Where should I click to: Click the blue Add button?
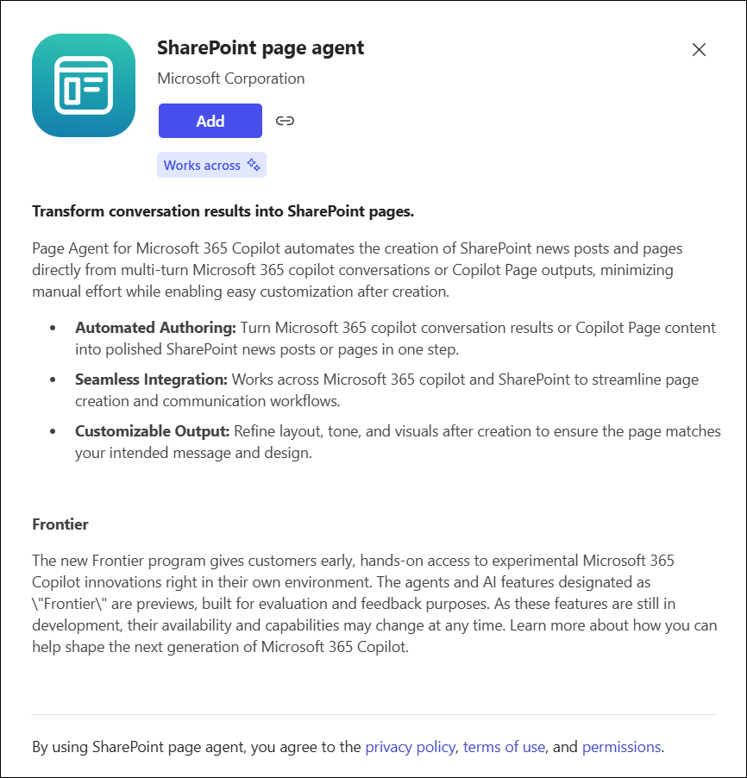coord(210,121)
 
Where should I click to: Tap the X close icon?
coord(699,50)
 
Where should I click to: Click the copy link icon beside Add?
coord(285,121)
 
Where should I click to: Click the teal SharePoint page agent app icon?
coord(84,85)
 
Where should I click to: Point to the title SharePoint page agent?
coord(261,48)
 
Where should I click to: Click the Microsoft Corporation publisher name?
coord(230,78)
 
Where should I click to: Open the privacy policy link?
coord(410,747)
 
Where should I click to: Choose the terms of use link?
coord(504,747)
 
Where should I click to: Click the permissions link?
coord(621,747)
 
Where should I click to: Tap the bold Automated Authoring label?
coord(155,328)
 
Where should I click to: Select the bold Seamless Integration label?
coord(151,380)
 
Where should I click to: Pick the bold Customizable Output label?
coord(152,431)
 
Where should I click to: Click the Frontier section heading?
coord(60,524)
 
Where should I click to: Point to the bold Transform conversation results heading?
coord(223,211)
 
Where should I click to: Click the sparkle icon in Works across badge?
coord(254,165)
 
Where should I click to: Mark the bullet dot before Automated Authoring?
coord(54,329)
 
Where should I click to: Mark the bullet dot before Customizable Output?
coord(54,432)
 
